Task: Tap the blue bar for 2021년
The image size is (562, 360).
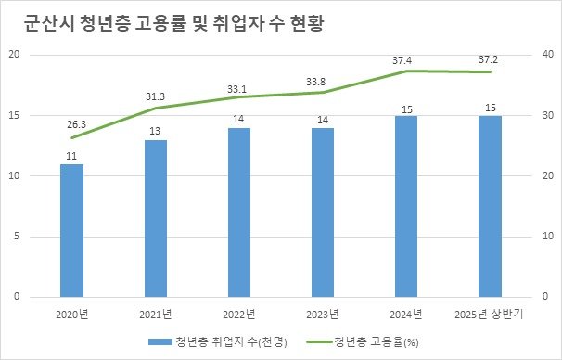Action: tap(156, 218)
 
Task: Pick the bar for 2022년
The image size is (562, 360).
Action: tap(239, 212)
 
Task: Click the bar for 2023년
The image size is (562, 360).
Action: tap(323, 212)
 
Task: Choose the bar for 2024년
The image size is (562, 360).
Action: tap(406, 206)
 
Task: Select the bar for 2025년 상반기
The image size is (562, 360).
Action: tap(490, 206)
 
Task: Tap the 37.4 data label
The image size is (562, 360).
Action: tap(403, 60)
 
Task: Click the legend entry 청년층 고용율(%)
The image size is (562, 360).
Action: tap(376, 341)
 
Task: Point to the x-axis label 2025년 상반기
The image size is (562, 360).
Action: tap(490, 313)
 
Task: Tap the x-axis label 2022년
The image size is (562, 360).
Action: tap(239, 313)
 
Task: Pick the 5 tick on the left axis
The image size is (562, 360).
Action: tap(17, 237)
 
